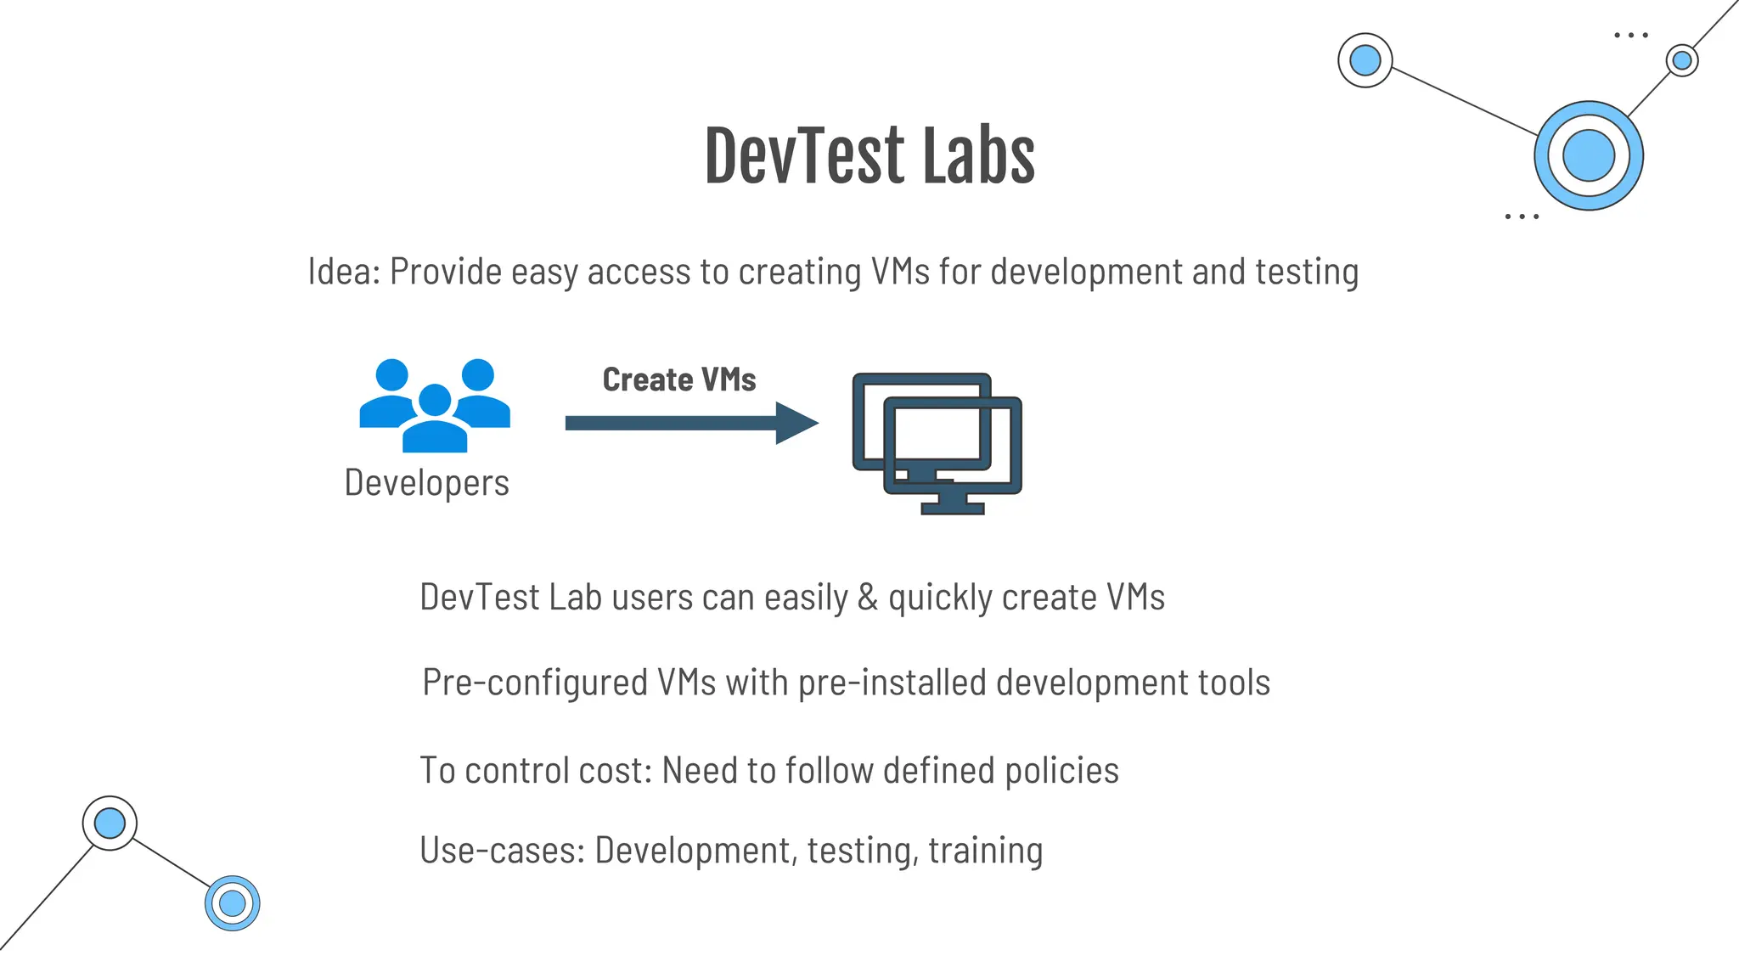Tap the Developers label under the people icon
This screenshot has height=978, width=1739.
pyautogui.click(x=426, y=483)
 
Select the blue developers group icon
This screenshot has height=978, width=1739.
pyautogui.click(x=435, y=405)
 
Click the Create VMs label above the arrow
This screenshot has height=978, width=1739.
pyautogui.click(x=679, y=379)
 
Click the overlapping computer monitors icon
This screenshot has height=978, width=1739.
pyautogui.click(x=937, y=442)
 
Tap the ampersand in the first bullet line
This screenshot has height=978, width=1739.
pyautogui.click(x=867, y=597)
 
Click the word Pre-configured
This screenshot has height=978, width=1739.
pyautogui.click(x=535, y=683)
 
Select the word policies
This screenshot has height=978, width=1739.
pyautogui.click(x=1061, y=771)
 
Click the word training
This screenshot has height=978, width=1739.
pyautogui.click(x=985, y=851)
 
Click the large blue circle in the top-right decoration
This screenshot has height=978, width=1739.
pyautogui.click(x=1588, y=155)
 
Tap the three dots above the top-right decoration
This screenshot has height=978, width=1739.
pyautogui.click(x=1630, y=36)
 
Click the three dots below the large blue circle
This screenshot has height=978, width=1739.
pyautogui.click(x=1522, y=217)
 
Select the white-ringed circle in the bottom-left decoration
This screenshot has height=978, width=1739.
pyautogui.click(x=110, y=823)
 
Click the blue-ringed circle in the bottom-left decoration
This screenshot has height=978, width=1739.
pyautogui.click(x=232, y=903)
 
